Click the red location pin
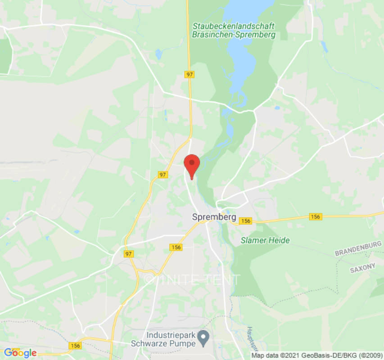(x=192, y=165)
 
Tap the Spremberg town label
(x=214, y=217)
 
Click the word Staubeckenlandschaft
(x=233, y=26)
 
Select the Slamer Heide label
(x=265, y=240)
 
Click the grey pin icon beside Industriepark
(x=204, y=336)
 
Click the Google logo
(x=20, y=353)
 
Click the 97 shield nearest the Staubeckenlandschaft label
(x=190, y=75)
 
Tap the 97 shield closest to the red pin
(x=163, y=174)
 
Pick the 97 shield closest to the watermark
(x=129, y=254)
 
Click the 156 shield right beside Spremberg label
(x=245, y=220)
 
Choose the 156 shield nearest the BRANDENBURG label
(x=316, y=217)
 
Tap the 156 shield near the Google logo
(x=76, y=346)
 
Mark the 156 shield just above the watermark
(x=176, y=247)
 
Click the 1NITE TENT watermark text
(x=192, y=280)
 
